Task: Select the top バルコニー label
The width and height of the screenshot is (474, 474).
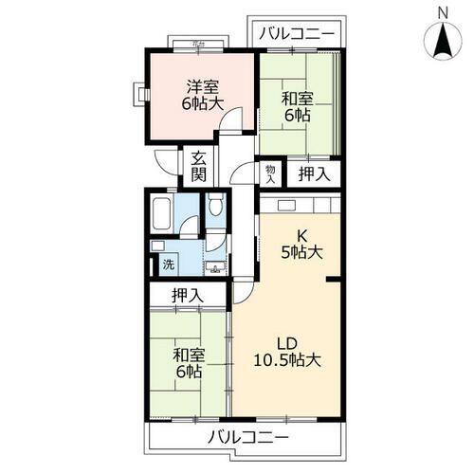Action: [298, 33]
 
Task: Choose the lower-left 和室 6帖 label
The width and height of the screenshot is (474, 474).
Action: [187, 364]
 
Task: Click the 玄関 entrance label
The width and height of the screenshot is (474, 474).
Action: [198, 167]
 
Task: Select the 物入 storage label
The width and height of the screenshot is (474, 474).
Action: [270, 173]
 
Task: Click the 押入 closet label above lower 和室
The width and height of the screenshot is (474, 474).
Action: [187, 296]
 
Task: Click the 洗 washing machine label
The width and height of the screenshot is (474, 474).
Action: [167, 266]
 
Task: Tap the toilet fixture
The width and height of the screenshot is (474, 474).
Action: [215, 205]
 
